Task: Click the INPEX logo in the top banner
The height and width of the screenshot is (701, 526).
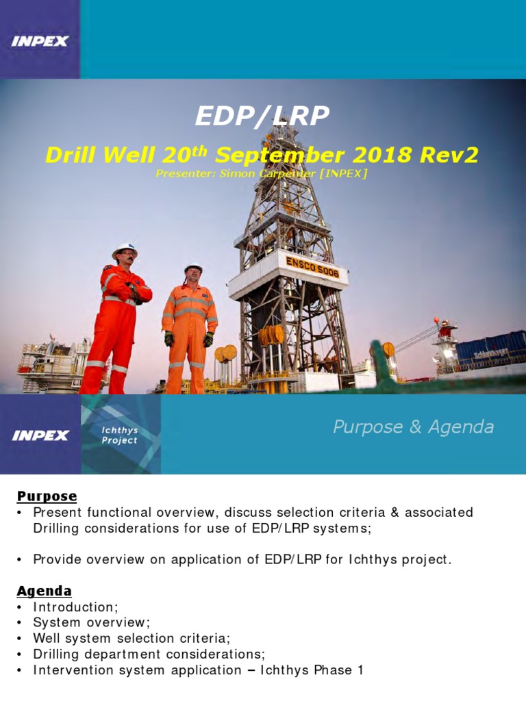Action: pyautogui.click(x=40, y=41)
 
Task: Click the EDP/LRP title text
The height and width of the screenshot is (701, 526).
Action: pyautogui.click(x=262, y=117)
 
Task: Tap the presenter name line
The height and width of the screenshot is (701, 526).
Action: pyautogui.click(x=262, y=174)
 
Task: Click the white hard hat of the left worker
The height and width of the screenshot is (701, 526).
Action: pyautogui.click(x=125, y=250)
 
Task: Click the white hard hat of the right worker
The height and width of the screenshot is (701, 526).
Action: pyautogui.click(x=193, y=268)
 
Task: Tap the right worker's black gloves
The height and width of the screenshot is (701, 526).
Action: pyautogui.click(x=208, y=338)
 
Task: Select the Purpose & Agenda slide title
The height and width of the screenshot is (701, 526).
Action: pyautogui.click(x=413, y=427)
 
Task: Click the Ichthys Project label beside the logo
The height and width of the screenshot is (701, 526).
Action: pyautogui.click(x=120, y=435)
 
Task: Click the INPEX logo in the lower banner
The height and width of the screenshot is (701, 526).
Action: pyautogui.click(x=40, y=435)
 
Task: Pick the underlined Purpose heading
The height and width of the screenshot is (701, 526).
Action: pyautogui.click(x=47, y=496)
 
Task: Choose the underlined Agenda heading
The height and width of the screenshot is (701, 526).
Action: pyautogui.click(x=45, y=591)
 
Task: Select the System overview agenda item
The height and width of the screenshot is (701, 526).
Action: pyautogui.click(x=91, y=623)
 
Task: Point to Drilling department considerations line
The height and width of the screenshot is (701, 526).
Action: pyautogui.click(x=149, y=654)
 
